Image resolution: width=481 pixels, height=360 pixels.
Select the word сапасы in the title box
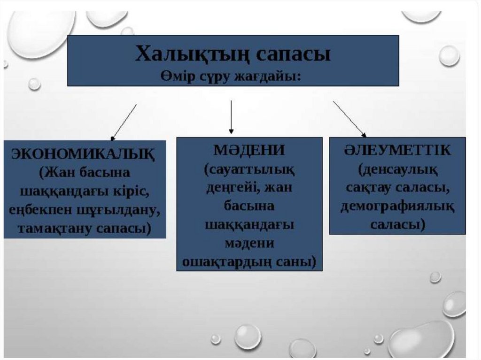tap(293, 55)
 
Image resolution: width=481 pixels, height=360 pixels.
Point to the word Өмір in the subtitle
tap(176, 77)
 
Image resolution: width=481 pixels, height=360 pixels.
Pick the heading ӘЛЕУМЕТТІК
tap(397, 151)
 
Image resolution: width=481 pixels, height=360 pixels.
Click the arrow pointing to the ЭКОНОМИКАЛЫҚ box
tap(124, 122)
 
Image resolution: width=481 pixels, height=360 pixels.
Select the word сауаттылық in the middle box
tap(249, 169)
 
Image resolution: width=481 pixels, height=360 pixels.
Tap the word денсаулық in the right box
tap(397, 169)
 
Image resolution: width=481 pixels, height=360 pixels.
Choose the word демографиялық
tap(397, 207)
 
